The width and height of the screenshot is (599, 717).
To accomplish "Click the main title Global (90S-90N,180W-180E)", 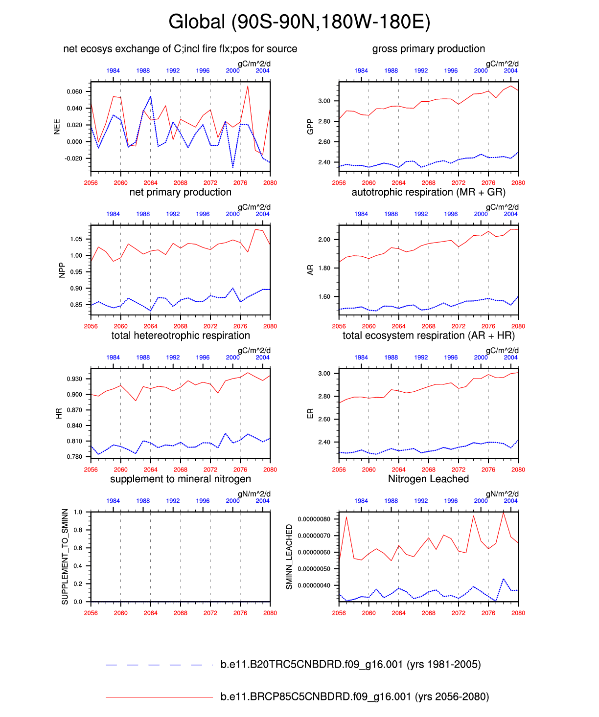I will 299,22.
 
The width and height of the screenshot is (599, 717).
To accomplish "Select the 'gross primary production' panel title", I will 428,49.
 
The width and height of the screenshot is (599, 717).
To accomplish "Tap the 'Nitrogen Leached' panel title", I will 428,479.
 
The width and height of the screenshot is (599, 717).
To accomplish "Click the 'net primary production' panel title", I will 180,192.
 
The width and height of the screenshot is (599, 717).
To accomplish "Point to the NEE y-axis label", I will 57,126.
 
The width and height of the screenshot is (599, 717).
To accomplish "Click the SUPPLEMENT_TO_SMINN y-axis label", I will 65,557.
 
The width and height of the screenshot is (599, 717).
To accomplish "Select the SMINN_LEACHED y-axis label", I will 289,557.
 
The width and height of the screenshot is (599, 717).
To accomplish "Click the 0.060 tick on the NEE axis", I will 74,91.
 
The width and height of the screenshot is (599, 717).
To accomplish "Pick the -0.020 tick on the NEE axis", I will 73,158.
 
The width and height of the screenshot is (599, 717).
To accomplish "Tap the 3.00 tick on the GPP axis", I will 324,101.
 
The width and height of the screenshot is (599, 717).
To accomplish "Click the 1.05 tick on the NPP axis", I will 76,239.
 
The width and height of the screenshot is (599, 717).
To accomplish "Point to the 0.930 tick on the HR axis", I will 74,379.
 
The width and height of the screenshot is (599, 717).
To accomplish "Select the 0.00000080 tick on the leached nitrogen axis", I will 313,519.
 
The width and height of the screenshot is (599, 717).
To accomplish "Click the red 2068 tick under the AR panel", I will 428,326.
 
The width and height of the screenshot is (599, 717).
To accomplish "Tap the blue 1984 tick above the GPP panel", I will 361,71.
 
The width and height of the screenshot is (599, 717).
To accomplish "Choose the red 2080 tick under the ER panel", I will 518,470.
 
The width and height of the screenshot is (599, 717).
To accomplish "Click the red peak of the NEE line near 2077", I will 248,86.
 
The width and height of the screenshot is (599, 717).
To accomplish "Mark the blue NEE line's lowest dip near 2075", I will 233,167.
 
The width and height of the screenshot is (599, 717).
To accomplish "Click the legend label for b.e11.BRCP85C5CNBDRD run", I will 354,696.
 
